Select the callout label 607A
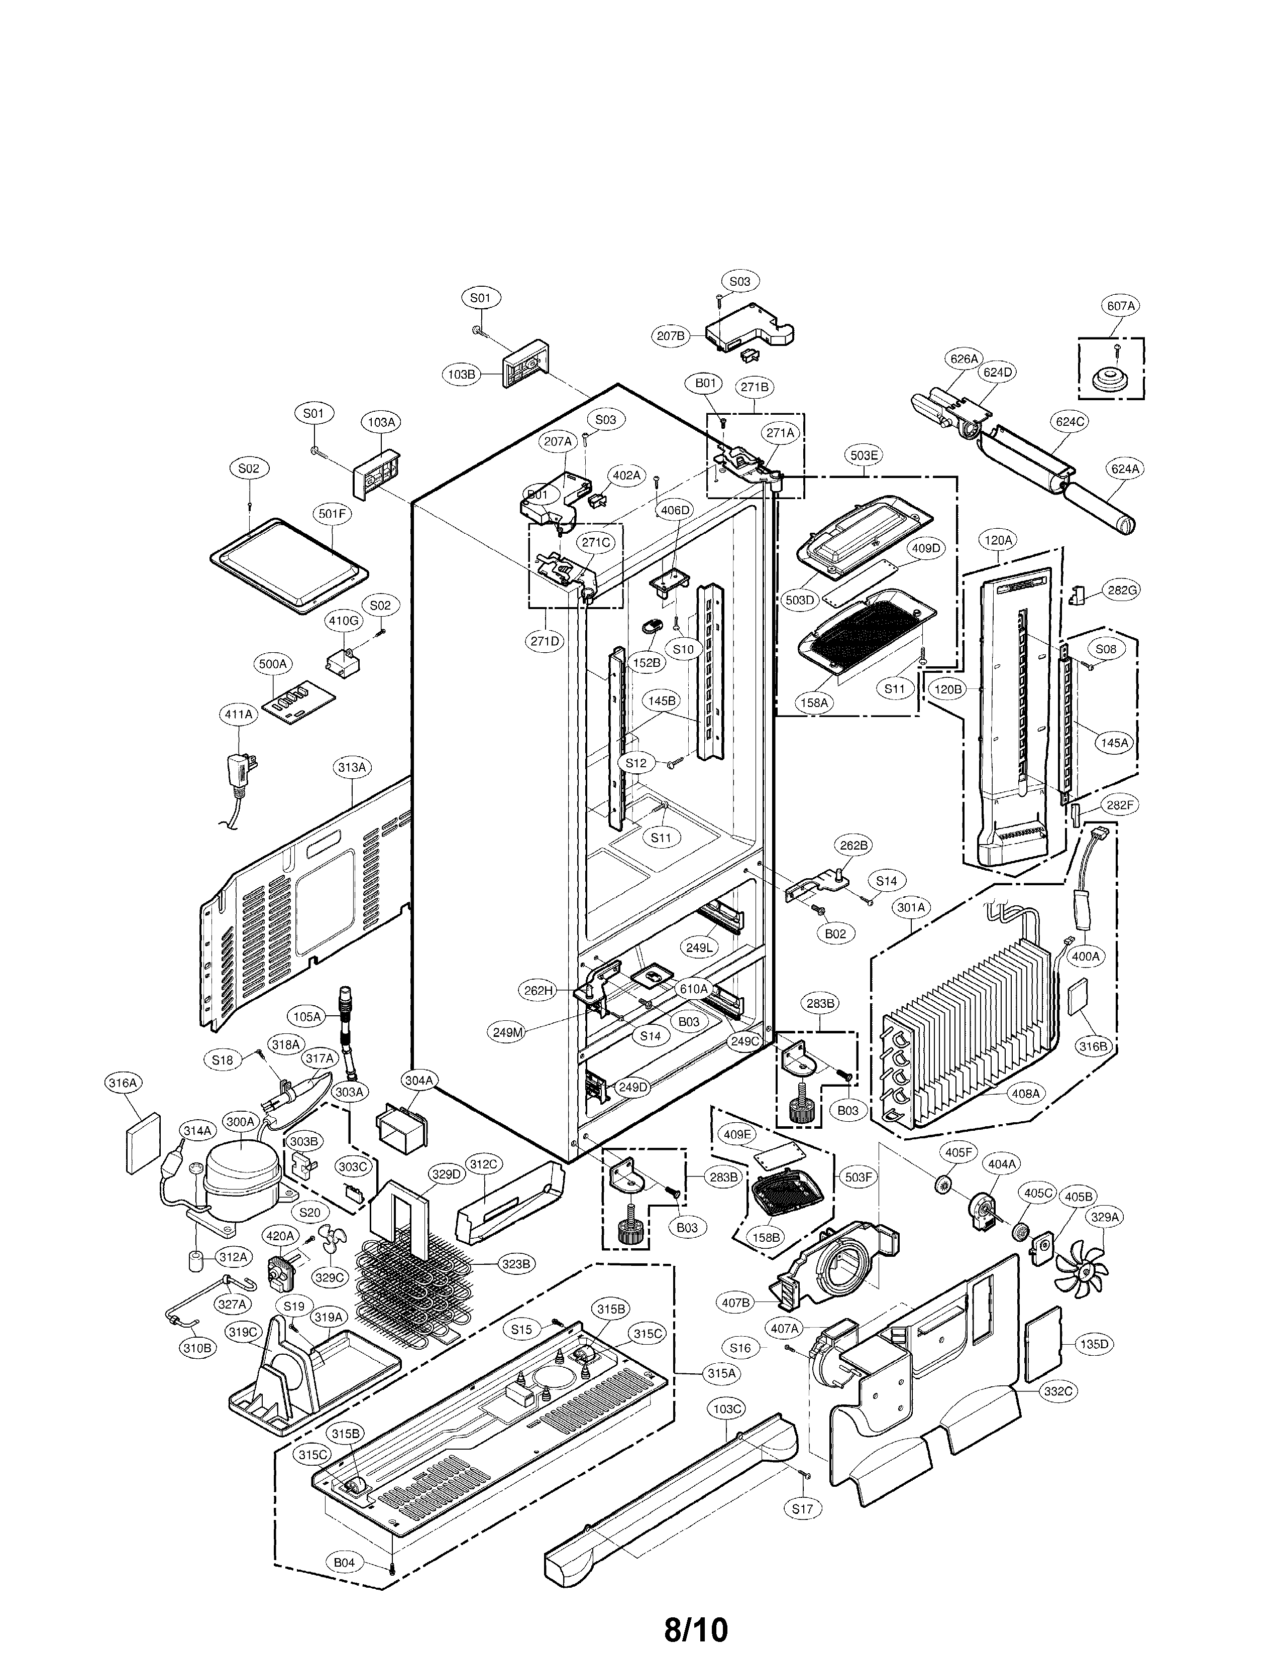(1120, 306)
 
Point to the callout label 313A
(351, 768)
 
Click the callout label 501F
(332, 514)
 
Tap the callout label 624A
(1125, 469)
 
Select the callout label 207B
(671, 334)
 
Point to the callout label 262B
(853, 845)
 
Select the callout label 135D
(1094, 1344)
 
